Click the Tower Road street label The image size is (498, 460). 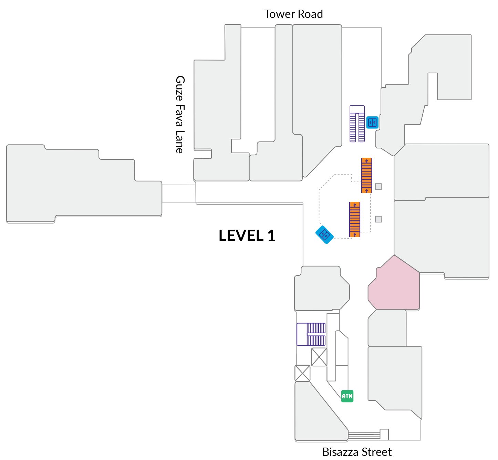click(293, 14)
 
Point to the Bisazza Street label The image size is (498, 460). click(357, 452)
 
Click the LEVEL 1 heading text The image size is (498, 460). click(247, 236)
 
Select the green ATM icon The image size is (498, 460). click(347, 396)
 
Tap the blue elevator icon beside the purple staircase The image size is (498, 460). click(372, 122)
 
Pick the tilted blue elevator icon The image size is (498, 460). click(324, 235)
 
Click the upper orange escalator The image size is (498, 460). click(367, 175)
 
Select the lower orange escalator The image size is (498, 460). click(355, 219)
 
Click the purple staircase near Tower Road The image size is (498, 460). click(357, 124)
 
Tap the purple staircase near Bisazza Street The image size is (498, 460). click(311, 334)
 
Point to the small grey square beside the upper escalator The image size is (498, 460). click(378, 187)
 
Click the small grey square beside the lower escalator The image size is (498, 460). click(378, 219)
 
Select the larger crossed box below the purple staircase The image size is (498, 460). click(319, 357)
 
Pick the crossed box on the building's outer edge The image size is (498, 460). click(302, 373)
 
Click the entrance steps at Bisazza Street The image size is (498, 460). click(364, 436)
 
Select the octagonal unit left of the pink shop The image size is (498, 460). click(321, 289)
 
